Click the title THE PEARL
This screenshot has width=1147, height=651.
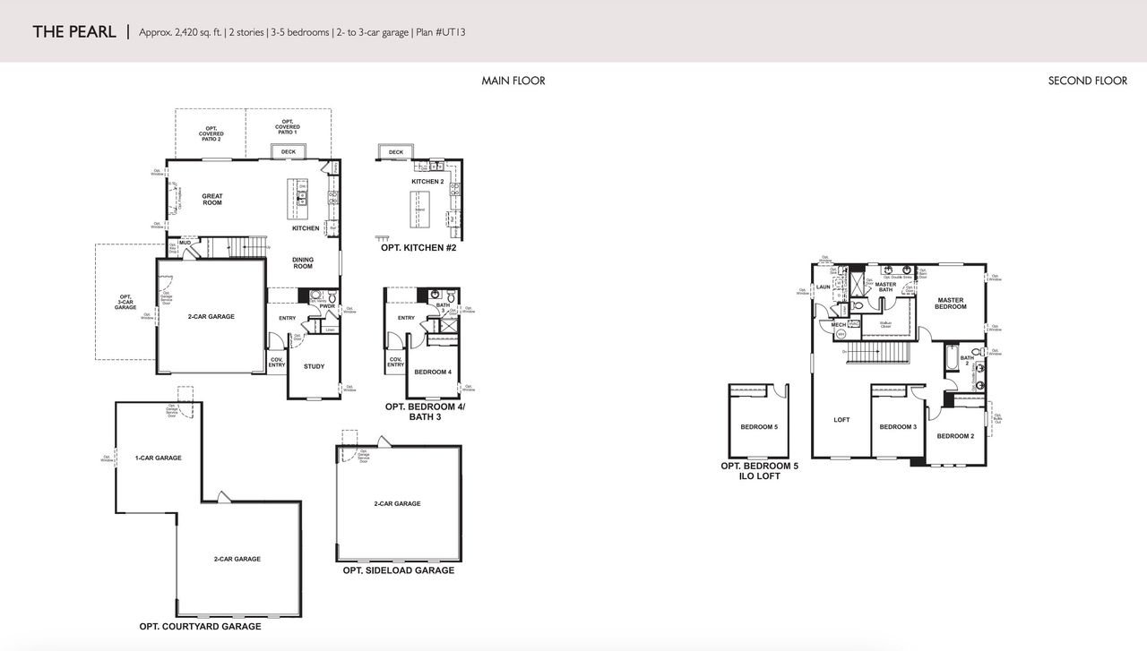[74, 32]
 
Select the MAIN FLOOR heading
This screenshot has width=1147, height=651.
[513, 81]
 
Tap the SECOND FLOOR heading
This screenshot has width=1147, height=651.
[1087, 81]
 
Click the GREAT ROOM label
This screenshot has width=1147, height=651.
[212, 200]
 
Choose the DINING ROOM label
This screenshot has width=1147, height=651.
[303, 262]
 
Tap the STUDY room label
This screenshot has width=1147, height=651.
[314, 366]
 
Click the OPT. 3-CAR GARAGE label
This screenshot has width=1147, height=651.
[125, 302]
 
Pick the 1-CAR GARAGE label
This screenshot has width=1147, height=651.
[158, 458]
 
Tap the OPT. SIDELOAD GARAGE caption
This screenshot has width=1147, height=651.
[398, 570]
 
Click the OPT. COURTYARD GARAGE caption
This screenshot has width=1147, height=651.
[200, 626]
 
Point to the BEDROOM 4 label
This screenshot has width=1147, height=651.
[433, 372]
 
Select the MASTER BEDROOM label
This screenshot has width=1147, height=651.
[951, 304]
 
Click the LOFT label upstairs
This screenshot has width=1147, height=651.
[841, 420]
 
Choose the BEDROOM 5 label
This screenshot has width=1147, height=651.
[759, 427]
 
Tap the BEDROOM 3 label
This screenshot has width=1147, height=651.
[897, 427]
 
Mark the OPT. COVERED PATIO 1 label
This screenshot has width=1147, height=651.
[288, 127]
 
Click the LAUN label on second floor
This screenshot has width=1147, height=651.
[823, 287]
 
